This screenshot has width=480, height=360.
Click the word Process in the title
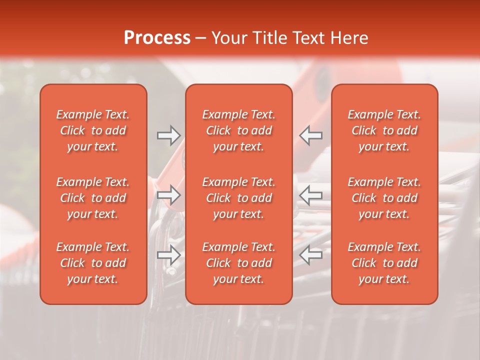point(157,38)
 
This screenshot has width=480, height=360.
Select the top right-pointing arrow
point(168,135)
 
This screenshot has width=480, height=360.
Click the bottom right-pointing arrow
point(168,255)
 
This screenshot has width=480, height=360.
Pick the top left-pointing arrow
point(311,135)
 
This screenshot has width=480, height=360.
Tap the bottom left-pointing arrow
point(311,255)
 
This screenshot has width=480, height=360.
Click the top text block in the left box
point(93,130)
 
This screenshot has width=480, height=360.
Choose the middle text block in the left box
point(93,198)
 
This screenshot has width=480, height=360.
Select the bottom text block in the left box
point(93,263)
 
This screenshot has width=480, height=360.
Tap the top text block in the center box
point(238,130)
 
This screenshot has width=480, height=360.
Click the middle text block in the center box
point(238,198)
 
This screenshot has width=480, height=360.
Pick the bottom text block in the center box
point(238,263)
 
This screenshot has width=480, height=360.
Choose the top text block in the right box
point(384,130)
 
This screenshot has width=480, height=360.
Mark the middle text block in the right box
point(384,198)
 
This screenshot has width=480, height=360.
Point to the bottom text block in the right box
point(384,263)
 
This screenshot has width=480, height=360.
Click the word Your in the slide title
point(228,38)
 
